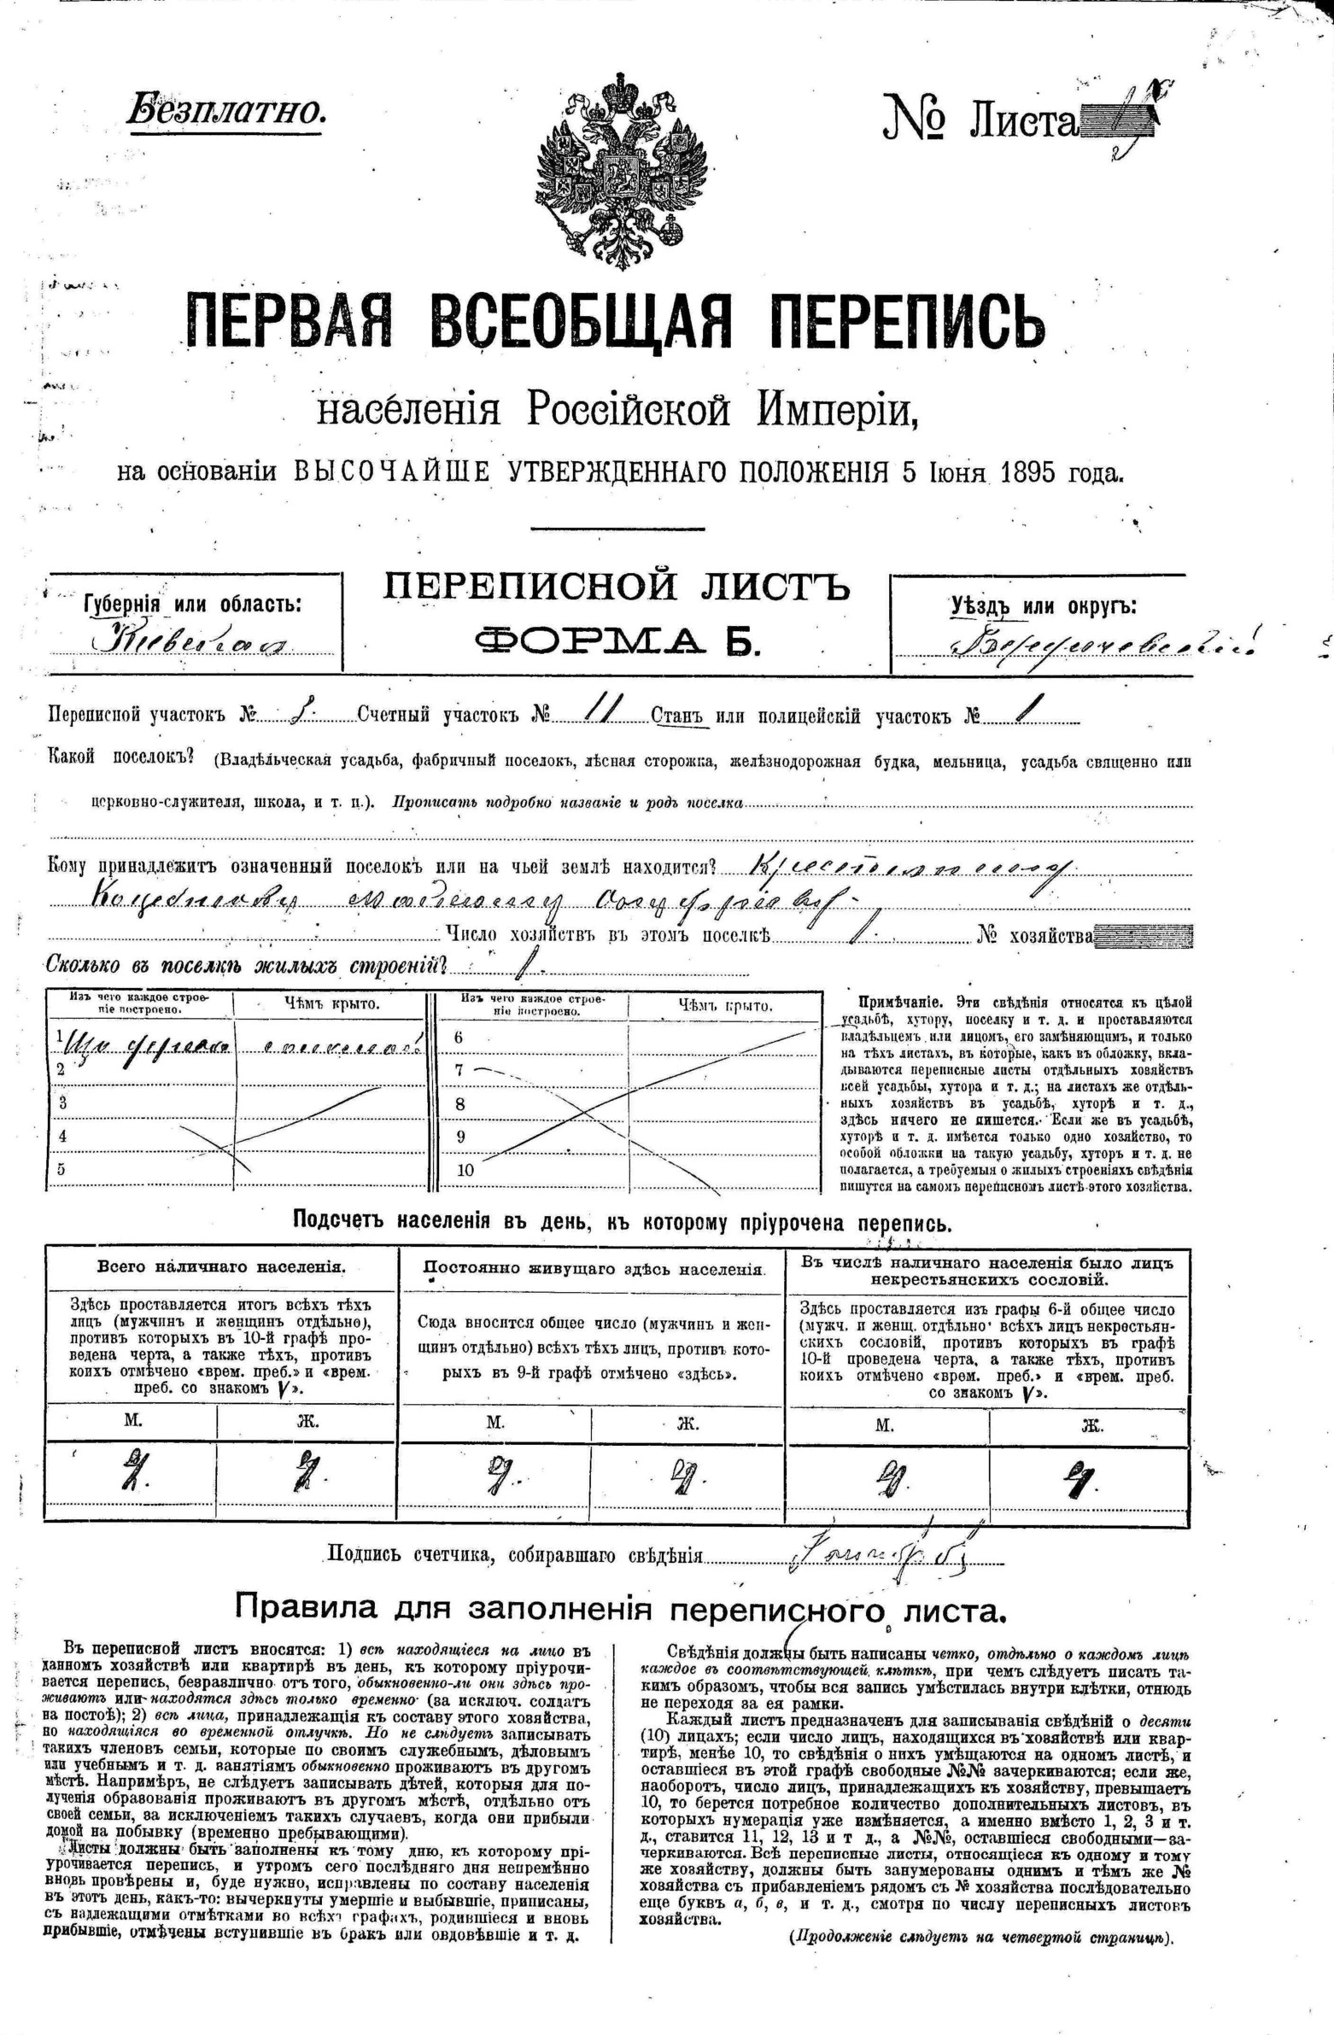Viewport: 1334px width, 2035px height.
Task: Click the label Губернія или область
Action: tap(193, 603)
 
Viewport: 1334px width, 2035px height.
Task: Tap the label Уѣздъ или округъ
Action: tap(1044, 606)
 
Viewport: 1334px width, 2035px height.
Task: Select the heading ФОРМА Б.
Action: tap(617, 639)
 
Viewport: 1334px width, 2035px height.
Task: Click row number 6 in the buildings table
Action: tap(459, 1038)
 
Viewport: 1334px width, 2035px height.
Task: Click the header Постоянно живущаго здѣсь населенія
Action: tap(594, 1269)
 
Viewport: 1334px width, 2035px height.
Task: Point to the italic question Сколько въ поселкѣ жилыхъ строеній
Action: tap(248, 966)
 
